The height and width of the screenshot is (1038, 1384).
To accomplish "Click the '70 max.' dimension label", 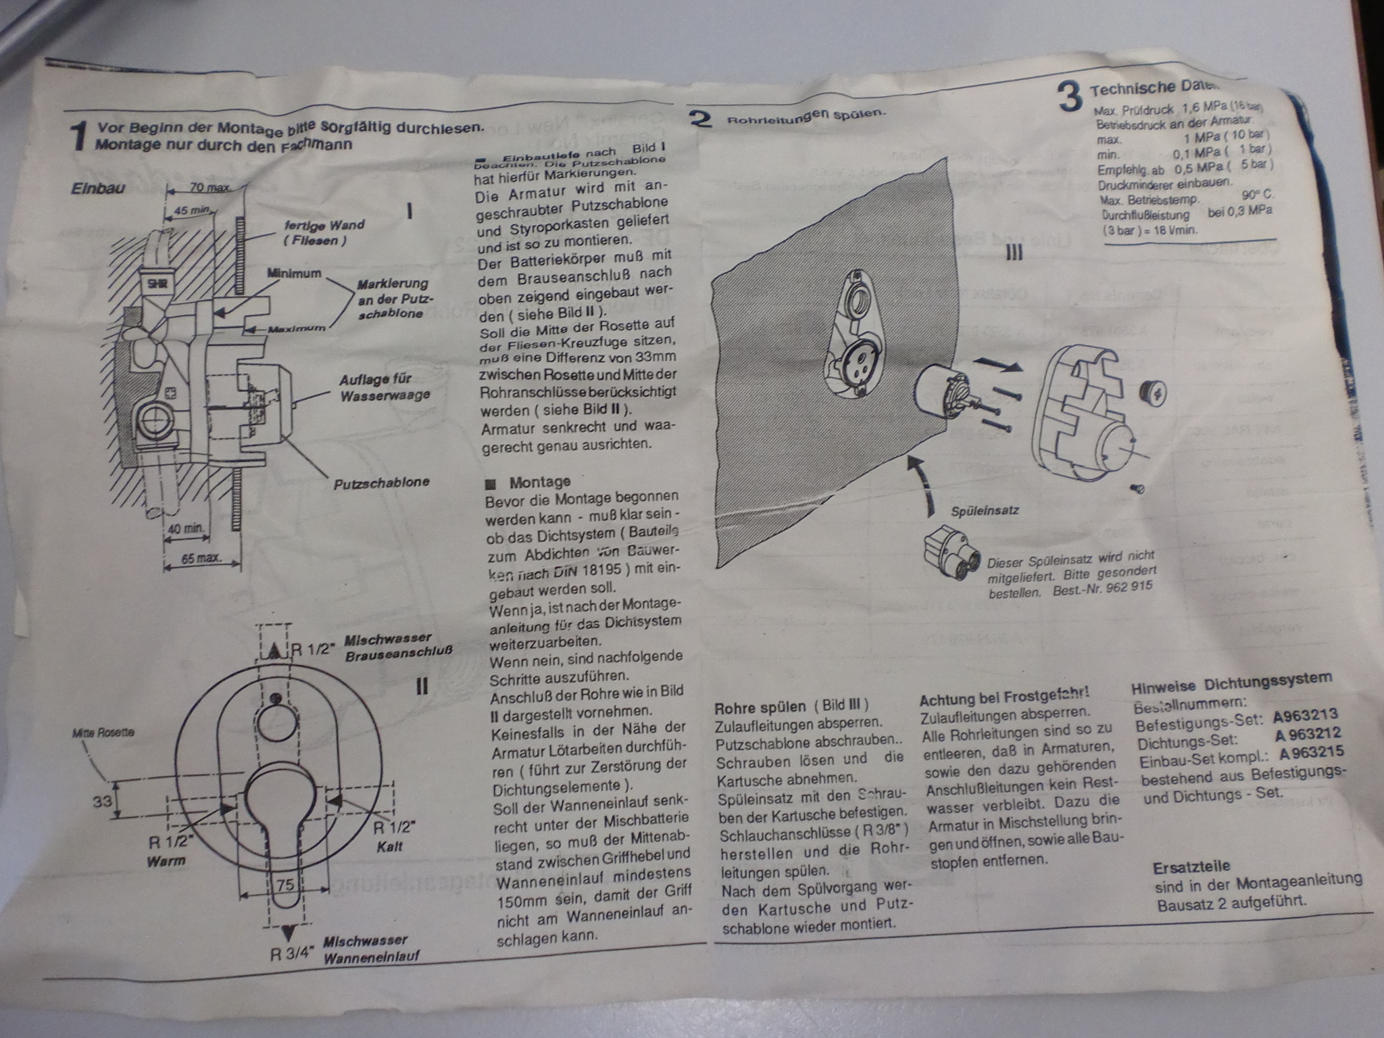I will coord(209,187).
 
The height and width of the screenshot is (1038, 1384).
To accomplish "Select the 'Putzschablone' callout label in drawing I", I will coord(381,483).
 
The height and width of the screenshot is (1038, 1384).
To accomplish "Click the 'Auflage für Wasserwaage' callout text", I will coord(385,387).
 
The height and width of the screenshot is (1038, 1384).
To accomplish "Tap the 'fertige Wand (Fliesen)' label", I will coord(324,232).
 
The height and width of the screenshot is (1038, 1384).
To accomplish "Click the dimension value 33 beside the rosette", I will coord(102,801).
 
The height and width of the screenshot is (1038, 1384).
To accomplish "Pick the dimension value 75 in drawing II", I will coord(285,885).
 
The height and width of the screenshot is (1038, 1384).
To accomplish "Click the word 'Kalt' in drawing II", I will coord(390,846).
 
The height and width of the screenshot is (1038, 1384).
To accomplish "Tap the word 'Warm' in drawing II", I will coord(166,861).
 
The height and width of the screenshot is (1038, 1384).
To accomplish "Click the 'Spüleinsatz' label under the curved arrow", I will coord(985,511).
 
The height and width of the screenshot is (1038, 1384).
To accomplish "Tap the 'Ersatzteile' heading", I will coord(1191,866).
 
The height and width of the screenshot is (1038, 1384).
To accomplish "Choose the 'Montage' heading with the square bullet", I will coord(539,482).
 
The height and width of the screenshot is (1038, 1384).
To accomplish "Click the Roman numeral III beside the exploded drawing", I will coord(1014,253).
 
